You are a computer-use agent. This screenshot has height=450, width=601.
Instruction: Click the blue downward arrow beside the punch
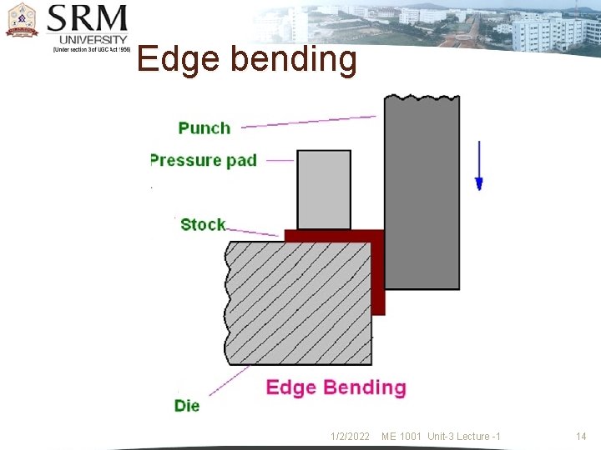pyautogui.click(x=479, y=165)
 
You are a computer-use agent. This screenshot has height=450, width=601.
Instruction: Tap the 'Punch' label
pyautogui.click(x=204, y=127)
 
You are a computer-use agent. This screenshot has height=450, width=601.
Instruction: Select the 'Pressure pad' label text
pyautogui.click(x=203, y=159)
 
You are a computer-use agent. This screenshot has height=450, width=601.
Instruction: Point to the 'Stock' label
pyautogui.click(x=203, y=224)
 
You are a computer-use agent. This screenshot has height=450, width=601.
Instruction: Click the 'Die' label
pyautogui.click(x=187, y=406)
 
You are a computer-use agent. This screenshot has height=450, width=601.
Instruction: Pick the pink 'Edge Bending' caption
pyautogui.click(x=336, y=387)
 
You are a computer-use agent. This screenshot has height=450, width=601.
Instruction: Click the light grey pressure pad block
pyautogui.click(x=324, y=189)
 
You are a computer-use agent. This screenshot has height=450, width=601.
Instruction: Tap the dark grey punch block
pyautogui.click(x=422, y=192)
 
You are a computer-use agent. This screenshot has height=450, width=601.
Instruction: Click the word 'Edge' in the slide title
pyautogui.click(x=176, y=59)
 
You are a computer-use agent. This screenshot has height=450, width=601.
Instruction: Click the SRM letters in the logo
pyautogui.click(x=88, y=19)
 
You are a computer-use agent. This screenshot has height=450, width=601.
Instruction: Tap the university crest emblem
pyautogui.click(x=22, y=21)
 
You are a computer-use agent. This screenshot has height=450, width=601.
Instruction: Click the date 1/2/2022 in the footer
pyautogui.click(x=350, y=437)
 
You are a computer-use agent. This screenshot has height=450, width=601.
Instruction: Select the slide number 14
pyautogui.click(x=581, y=437)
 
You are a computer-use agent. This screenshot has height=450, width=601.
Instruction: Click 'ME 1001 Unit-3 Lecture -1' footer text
pyautogui.click(x=441, y=437)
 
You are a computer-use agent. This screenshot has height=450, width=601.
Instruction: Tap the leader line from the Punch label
pyautogui.click(x=309, y=122)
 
